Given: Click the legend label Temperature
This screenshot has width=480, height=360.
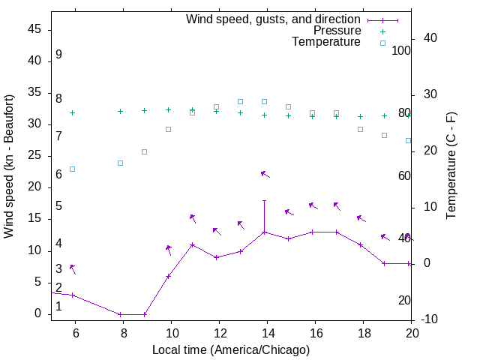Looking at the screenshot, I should pyautogui.click(x=326, y=42).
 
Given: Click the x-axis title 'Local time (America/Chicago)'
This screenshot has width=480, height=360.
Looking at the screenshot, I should pyautogui.click(x=231, y=349).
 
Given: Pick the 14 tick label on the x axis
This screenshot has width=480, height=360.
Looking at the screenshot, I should pyautogui.click(x=267, y=334).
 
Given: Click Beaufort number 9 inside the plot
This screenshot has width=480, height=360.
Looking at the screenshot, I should pyautogui.click(x=58, y=55).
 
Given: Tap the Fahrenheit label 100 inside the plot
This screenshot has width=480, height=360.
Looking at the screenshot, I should pyautogui.click(x=402, y=51).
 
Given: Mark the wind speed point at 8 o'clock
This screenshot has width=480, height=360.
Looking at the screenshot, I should pyautogui.click(x=120, y=314).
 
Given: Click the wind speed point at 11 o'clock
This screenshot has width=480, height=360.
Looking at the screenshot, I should pyautogui.click(x=193, y=244).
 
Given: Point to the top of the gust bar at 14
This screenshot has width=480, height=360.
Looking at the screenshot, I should pyautogui.click(x=265, y=200).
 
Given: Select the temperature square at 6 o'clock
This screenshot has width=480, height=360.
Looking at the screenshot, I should pyautogui.click(x=73, y=169).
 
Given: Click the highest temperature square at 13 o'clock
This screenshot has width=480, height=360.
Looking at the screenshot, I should pyautogui.click(x=241, y=101).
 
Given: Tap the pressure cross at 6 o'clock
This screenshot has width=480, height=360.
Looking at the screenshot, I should pyautogui.click(x=73, y=112).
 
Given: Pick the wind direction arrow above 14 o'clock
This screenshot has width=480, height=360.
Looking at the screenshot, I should pyautogui.click(x=265, y=174).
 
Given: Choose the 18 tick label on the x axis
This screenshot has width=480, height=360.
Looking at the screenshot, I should pyautogui.click(x=363, y=334).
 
